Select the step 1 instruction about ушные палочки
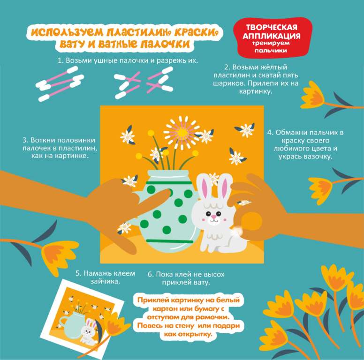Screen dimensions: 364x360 128,60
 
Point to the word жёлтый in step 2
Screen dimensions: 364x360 274,67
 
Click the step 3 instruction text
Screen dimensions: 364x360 60,148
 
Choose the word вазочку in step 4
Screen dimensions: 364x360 318,157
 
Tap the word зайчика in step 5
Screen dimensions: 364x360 105,282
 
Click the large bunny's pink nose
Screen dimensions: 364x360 213,217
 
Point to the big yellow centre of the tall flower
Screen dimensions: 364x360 182,133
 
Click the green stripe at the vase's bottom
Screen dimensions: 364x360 170,241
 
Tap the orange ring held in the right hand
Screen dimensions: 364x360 249,225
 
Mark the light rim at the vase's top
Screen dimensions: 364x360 169,173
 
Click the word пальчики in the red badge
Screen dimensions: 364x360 271,50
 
